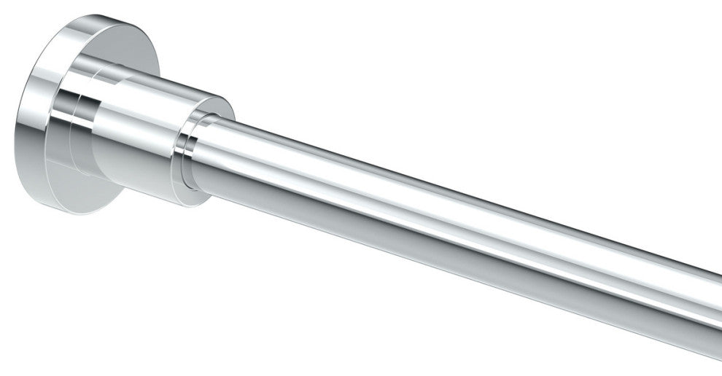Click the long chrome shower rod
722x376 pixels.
tap(452, 219)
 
